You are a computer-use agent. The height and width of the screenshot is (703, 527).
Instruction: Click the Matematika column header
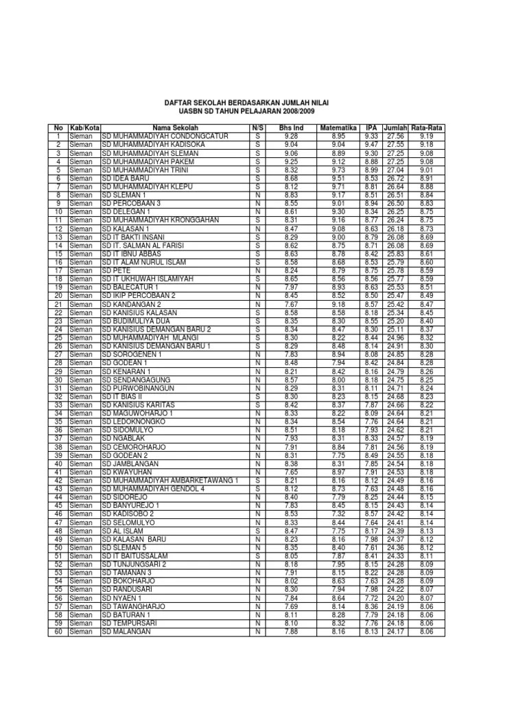pos(338,128)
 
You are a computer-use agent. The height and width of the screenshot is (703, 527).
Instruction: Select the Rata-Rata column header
pos(427,128)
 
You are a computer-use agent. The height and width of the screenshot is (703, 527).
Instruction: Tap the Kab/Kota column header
pos(84,128)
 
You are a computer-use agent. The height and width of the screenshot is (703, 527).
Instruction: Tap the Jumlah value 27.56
pos(396,136)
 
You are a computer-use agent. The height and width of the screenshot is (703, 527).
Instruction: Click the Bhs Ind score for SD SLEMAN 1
pos(290,195)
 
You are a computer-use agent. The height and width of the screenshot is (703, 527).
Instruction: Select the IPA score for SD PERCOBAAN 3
pos(371,203)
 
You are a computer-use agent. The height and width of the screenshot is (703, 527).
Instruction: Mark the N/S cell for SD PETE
pos(257,270)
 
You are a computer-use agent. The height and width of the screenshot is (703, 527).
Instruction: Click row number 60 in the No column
pos(58,632)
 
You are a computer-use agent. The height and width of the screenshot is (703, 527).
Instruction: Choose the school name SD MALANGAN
pos(126,632)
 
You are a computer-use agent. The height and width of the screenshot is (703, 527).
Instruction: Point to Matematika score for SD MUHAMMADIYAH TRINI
pos(338,170)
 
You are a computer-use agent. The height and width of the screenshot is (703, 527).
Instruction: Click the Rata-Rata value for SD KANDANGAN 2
pos(427,304)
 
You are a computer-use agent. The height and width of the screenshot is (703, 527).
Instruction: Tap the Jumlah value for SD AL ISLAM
pos(396,531)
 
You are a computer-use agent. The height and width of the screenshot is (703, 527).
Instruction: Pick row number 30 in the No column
pos(58,380)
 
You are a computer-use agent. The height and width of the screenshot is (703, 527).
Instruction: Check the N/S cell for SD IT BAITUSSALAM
pos(257,556)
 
